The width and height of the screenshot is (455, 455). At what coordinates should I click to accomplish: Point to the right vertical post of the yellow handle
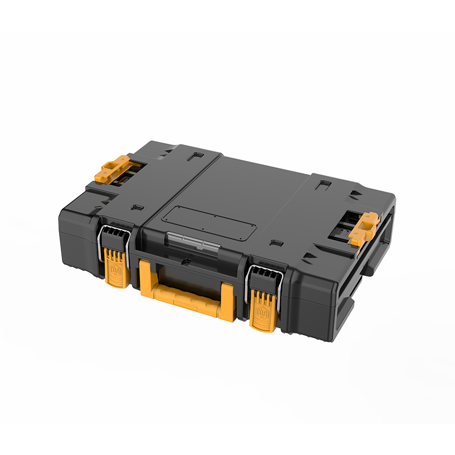click(x=227, y=299)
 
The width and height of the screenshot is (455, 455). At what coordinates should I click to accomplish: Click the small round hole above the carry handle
click(x=186, y=263)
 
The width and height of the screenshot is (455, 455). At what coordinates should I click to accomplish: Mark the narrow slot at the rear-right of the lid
click(x=324, y=184)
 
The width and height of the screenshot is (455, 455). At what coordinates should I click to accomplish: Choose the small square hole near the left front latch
click(x=134, y=208)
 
